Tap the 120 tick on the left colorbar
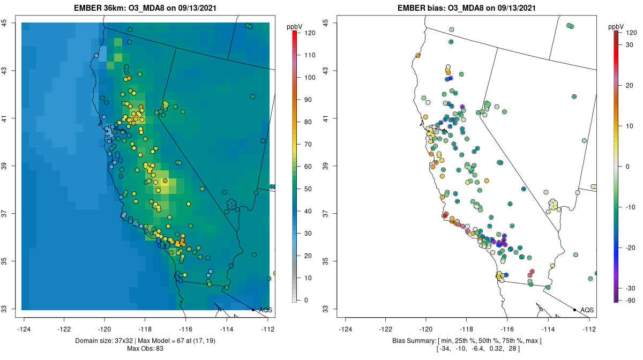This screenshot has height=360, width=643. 310,33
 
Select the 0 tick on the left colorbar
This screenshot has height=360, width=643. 306,300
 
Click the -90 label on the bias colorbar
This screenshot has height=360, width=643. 630,300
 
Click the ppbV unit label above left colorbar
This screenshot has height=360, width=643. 295,26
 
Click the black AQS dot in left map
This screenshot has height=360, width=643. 253,310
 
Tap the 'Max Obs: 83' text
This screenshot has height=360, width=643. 145,349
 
